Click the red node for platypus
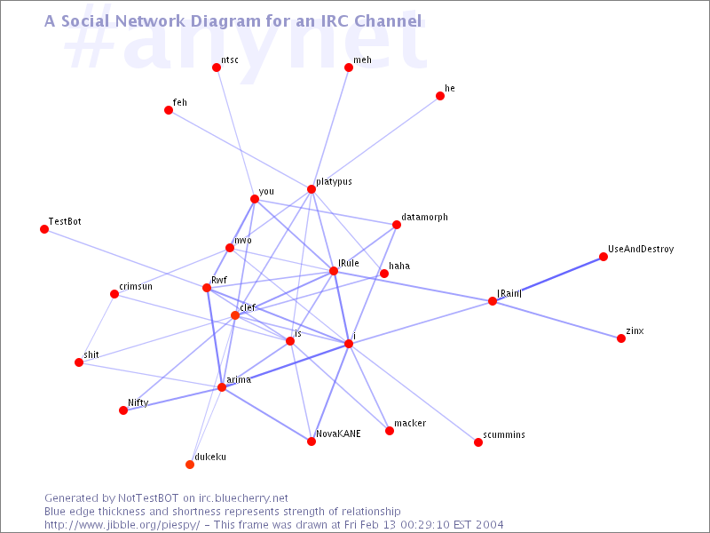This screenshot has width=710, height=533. coord(312,189)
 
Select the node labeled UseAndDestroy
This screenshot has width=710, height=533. coord(603,257)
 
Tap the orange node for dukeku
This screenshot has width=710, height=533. coord(190,465)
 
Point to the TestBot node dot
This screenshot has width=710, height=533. coord(44,229)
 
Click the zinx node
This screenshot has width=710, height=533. coord(621,338)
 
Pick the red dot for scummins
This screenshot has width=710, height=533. coord(478,442)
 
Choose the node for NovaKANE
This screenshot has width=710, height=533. coord(312,442)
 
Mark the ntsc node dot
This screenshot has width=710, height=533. coord(217,68)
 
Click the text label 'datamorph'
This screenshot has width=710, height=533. coord(424,218)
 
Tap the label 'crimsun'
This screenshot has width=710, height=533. coord(136,286)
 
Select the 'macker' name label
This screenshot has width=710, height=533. coord(410,424)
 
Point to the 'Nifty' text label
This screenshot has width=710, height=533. coord(138,402)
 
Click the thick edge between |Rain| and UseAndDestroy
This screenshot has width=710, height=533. coord(548,279)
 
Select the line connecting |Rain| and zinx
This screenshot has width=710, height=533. coord(556,320)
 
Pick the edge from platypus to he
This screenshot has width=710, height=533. coord(375,142)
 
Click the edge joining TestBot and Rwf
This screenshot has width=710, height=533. coord(125,259)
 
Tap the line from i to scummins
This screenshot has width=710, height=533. coord(414,393)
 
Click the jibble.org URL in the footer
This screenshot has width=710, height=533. coord(122,525)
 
